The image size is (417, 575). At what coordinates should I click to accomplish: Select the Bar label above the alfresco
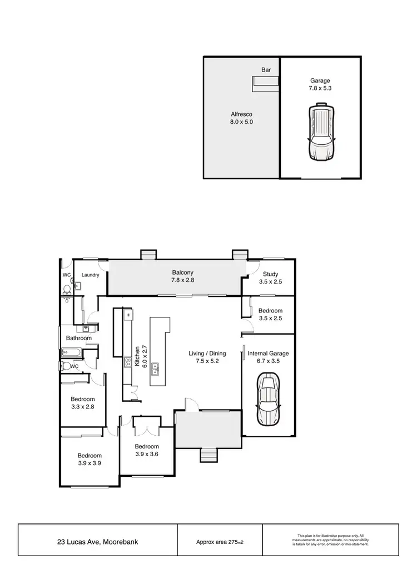(x=266, y=70)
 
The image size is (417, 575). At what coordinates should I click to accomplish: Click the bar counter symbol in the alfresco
(x=265, y=83)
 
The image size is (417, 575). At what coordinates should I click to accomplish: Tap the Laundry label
(x=90, y=275)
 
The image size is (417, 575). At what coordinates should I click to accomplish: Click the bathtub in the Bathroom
(x=71, y=352)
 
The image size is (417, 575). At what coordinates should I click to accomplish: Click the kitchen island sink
(x=156, y=366)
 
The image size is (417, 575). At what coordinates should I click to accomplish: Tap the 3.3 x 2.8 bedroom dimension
(x=82, y=407)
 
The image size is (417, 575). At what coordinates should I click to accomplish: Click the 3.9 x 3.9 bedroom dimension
(x=89, y=462)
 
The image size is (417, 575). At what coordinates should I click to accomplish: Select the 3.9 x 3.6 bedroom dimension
(x=147, y=454)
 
